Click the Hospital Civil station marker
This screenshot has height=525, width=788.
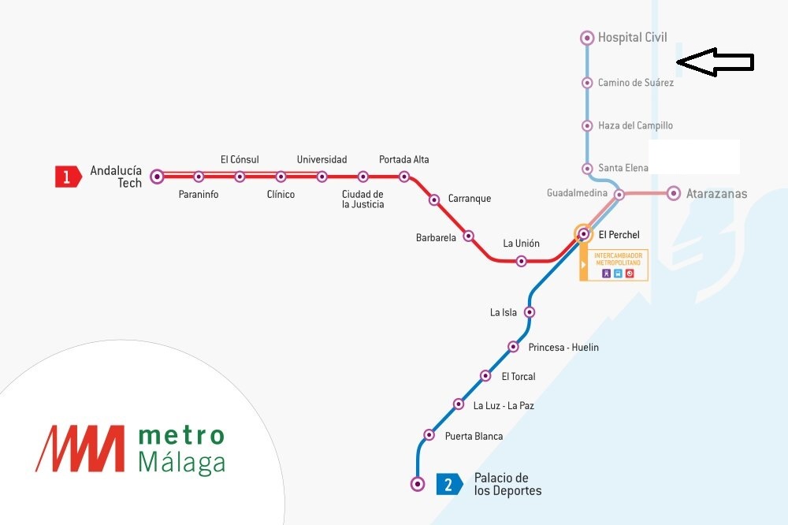(587, 37)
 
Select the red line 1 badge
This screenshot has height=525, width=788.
(67, 177)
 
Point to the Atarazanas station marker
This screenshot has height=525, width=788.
(674, 193)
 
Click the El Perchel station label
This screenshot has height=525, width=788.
(619, 235)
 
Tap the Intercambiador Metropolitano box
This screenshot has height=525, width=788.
(615, 265)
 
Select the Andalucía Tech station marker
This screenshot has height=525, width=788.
(158, 177)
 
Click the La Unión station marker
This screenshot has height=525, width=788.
(521, 261)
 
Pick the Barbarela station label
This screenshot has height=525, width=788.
(436, 237)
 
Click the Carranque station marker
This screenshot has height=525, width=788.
(434, 200)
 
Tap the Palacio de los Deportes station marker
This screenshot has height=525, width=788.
(418, 484)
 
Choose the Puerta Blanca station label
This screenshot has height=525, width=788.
(474, 436)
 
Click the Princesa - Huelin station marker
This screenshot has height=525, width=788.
(513, 346)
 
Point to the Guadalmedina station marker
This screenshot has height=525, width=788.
(619, 194)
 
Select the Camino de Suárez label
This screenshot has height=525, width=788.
(635, 83)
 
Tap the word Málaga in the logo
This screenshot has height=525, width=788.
(181, 464)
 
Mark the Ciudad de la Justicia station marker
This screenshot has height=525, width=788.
(363, 177)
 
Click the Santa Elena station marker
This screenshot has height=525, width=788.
(587, 168)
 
